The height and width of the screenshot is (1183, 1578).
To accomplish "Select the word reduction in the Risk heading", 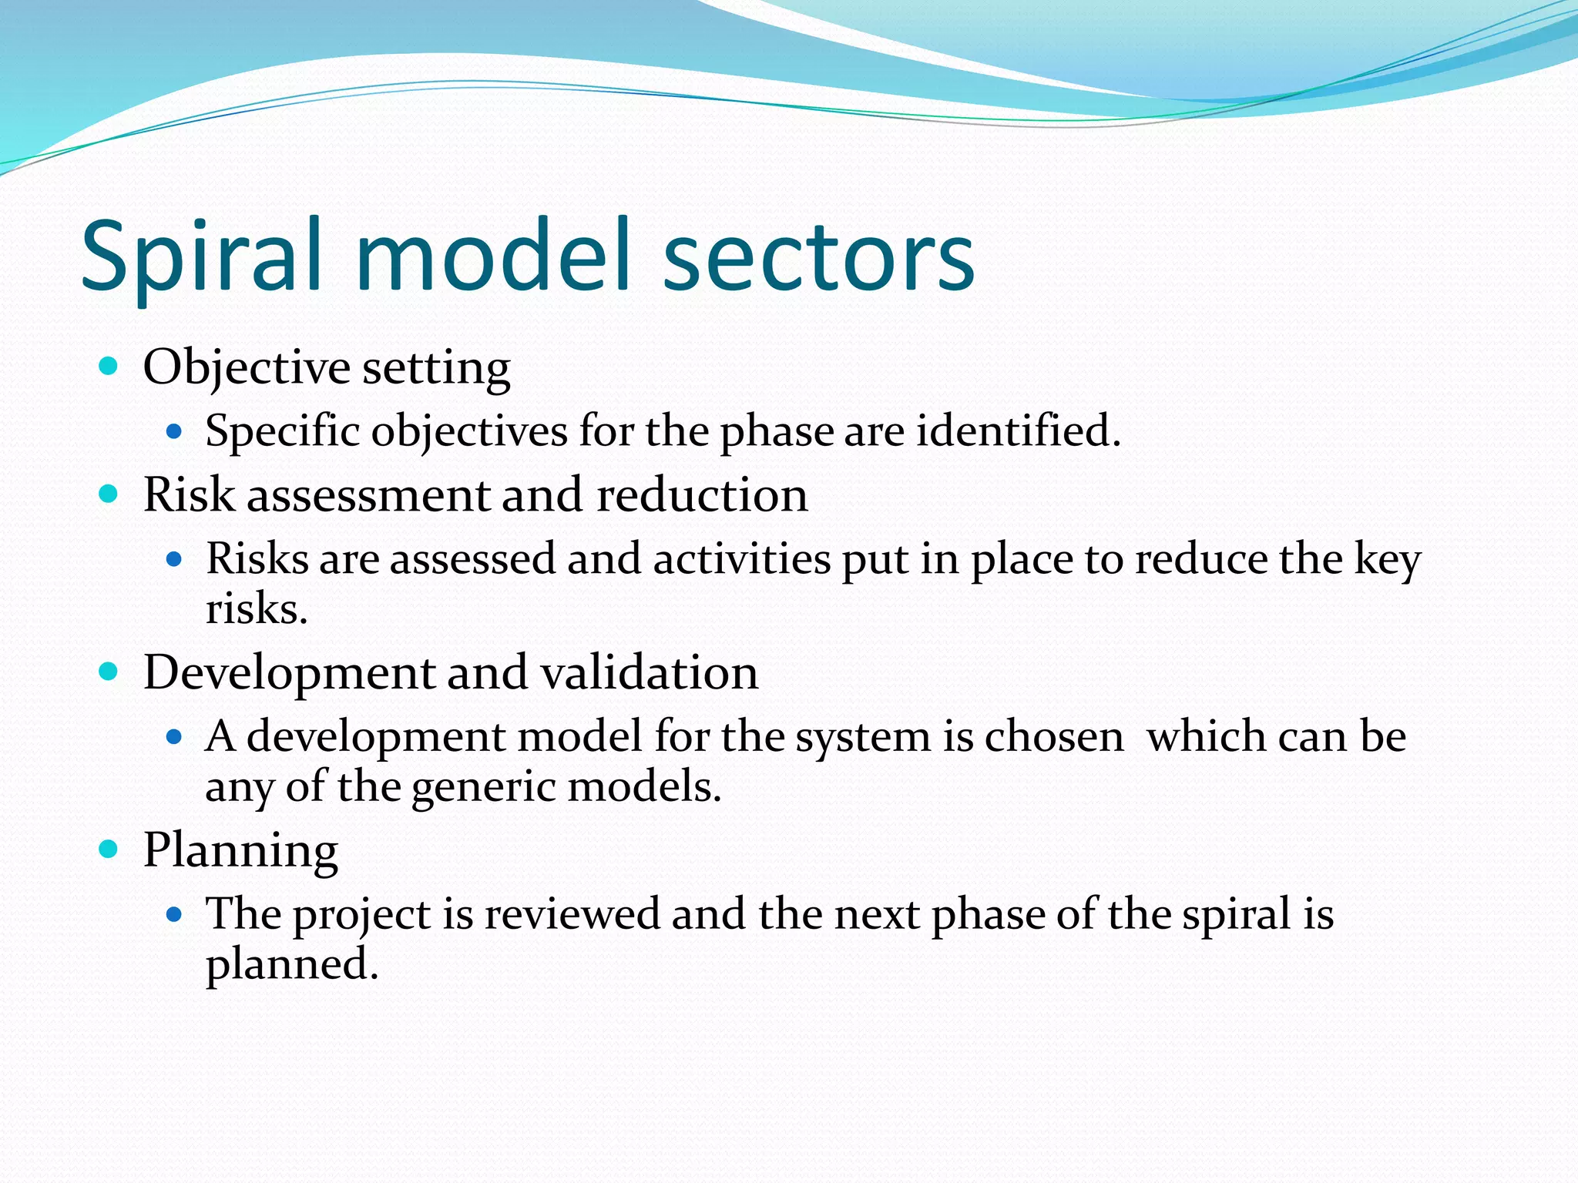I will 702,495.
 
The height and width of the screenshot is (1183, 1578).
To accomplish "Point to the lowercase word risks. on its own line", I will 257,610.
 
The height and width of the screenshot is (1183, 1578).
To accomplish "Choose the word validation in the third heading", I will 649,672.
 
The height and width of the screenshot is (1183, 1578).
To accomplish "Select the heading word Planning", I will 240,852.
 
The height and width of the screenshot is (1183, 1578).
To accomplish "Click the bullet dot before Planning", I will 109,850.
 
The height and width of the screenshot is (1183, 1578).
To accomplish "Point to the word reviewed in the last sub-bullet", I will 572,914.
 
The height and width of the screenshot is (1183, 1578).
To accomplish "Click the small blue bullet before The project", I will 174,915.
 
